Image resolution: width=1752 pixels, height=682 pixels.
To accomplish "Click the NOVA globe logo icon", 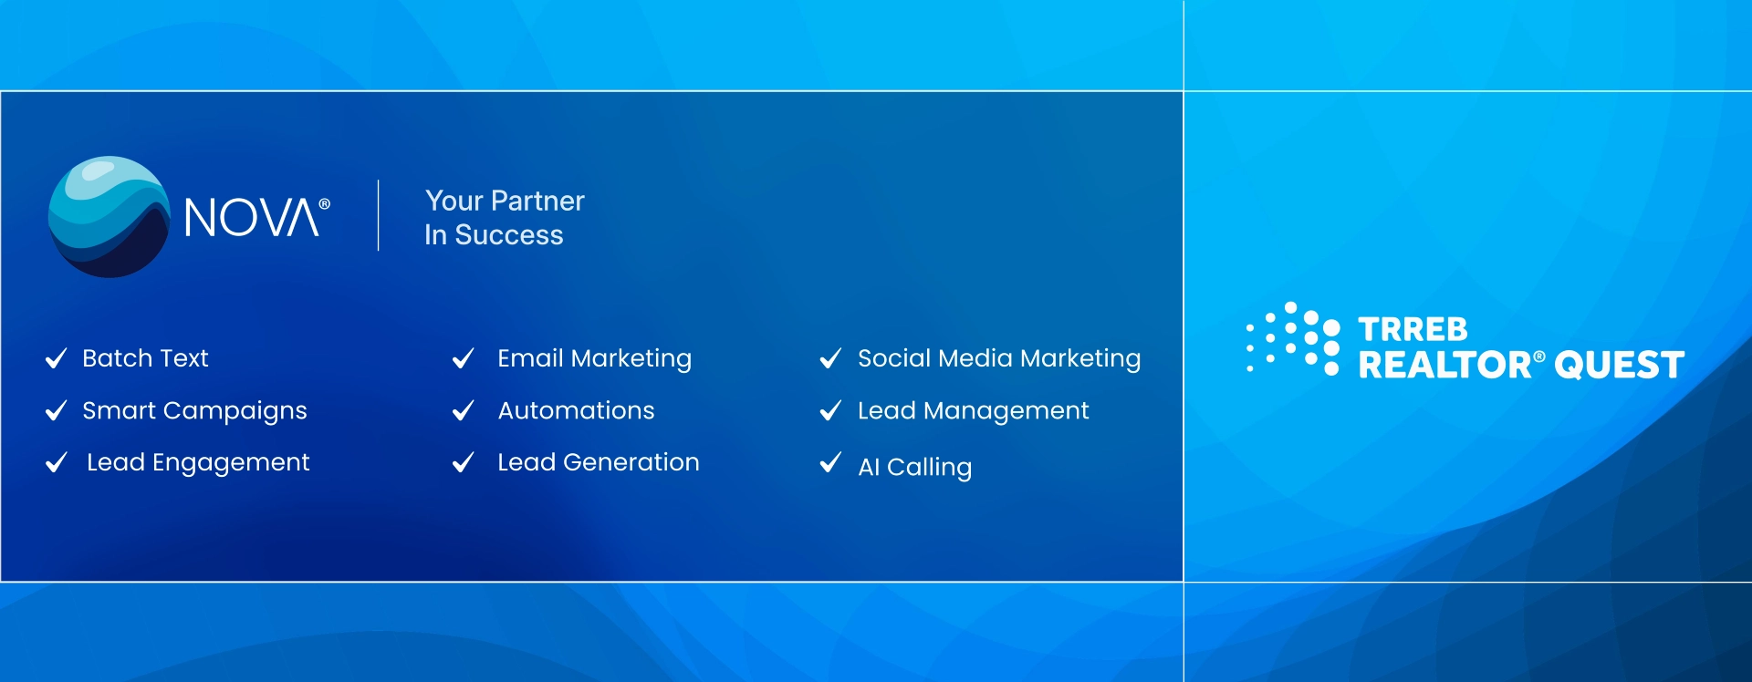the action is click(x=109, y=217).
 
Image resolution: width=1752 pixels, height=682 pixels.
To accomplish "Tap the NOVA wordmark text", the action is click(x=252, y=218).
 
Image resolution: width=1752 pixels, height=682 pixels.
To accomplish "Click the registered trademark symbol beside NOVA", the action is click(x=325, y=204).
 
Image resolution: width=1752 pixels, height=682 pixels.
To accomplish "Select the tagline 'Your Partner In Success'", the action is click(x=505, y=217).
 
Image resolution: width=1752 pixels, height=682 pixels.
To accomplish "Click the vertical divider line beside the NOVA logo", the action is click(x=379, y=215).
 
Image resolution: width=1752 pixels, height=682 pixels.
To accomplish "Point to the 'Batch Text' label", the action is click(x=146, y=358).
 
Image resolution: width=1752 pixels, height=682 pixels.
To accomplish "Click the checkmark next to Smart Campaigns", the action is click(x=57, y=410).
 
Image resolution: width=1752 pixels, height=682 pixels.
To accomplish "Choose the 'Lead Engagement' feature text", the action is click(x=199, y=463).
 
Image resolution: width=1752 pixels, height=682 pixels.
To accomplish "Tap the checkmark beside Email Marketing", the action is click(x=464, y=358).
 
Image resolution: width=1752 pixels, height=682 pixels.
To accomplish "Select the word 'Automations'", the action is click(x=577, y=410).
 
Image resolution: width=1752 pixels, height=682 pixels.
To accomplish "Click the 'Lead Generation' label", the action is click(x=599, y=462).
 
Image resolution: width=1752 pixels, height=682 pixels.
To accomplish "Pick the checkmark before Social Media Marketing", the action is click(x=830, y=358).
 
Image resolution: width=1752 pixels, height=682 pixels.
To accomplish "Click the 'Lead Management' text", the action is click(x=974, y=411).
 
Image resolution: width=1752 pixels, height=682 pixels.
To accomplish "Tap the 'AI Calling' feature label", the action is click(x=915, y=468).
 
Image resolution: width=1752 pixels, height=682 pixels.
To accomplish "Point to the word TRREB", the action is click(x=1413, y=329).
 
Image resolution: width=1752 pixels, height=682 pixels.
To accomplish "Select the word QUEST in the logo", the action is click(x=1620, y=366).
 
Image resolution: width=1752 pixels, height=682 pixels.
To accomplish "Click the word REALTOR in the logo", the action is click(x=1445, y=366).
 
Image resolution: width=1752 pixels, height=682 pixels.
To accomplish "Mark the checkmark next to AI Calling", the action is click(x=830, y=463).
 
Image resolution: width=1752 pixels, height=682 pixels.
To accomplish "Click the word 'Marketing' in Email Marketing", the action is click(x=631, y=359).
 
